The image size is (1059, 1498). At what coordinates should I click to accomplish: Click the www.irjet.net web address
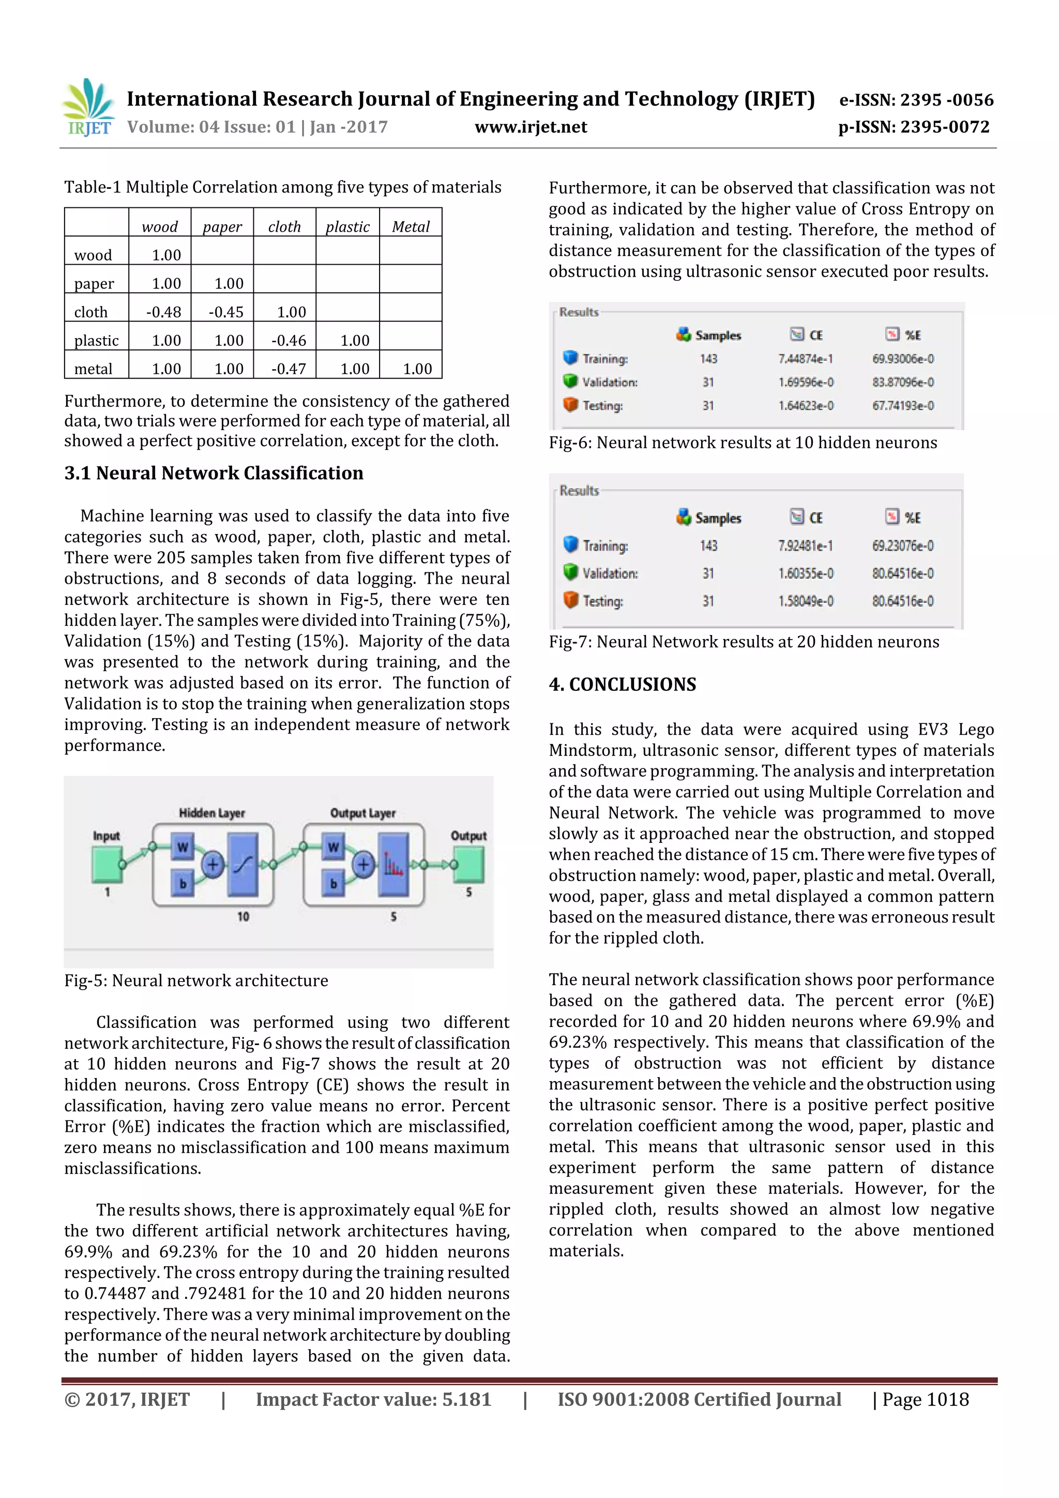click(x=531, y=127)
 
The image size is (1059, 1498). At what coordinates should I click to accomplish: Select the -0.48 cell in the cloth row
click(x=163, y=312)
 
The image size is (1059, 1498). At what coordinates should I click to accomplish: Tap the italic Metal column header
click(x=411, y=226)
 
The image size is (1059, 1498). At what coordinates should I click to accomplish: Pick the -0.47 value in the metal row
click(x=289, y=369)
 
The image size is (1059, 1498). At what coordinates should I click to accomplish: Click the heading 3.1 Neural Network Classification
click(x=214, y=473)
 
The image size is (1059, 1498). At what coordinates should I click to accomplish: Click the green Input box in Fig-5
click(x=107, y=864)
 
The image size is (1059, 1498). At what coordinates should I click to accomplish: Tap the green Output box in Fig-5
click(x=468, y=864)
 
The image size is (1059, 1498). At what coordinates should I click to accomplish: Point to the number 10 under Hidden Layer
click(x=243, y=917)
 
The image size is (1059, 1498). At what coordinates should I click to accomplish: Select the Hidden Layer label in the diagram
click(x=211, y=813)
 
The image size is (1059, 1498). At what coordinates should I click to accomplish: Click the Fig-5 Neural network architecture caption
click(x=196, y=980)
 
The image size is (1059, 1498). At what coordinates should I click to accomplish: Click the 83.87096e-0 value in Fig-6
click(x=902, y=382)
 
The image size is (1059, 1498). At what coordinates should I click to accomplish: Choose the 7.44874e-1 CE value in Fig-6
click(x=805, y=359)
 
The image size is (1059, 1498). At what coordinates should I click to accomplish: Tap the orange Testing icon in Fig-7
click(x=570, y=600)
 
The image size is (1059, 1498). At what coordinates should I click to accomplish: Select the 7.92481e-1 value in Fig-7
click(x=805, y=546)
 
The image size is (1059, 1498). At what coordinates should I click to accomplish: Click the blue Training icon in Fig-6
click(x=570, y=357)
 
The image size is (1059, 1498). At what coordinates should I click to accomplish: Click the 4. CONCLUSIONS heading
click(x=623, y=685)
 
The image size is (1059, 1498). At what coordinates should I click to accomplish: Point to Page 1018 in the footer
click(x=925, y=1399)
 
